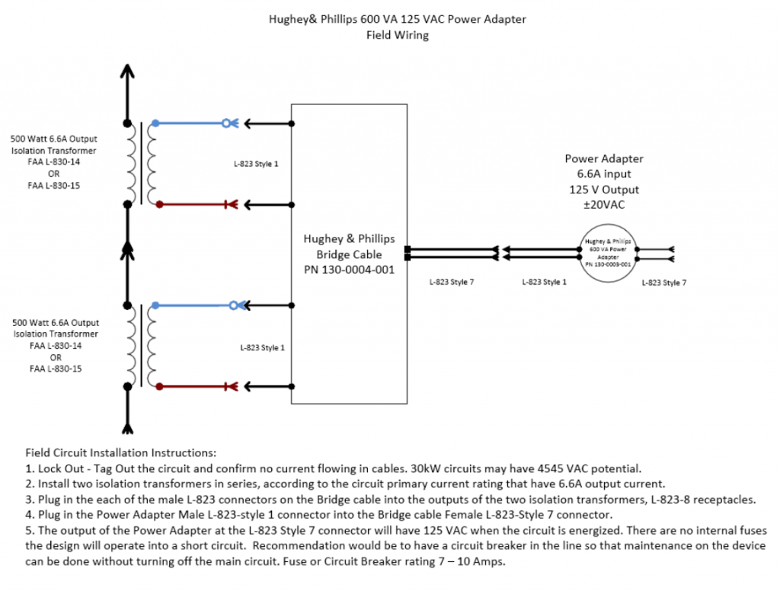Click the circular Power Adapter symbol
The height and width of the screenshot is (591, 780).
tap(607, 254)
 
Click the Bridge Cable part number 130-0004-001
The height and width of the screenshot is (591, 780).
tap(350, 269)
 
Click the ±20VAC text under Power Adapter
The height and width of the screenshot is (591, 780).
tap(603, 203)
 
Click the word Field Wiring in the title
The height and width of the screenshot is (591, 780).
tap(397, 35)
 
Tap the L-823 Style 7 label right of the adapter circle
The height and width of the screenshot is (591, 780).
tap(663, 283)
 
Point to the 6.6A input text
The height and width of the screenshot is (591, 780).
tap(603, 174)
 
